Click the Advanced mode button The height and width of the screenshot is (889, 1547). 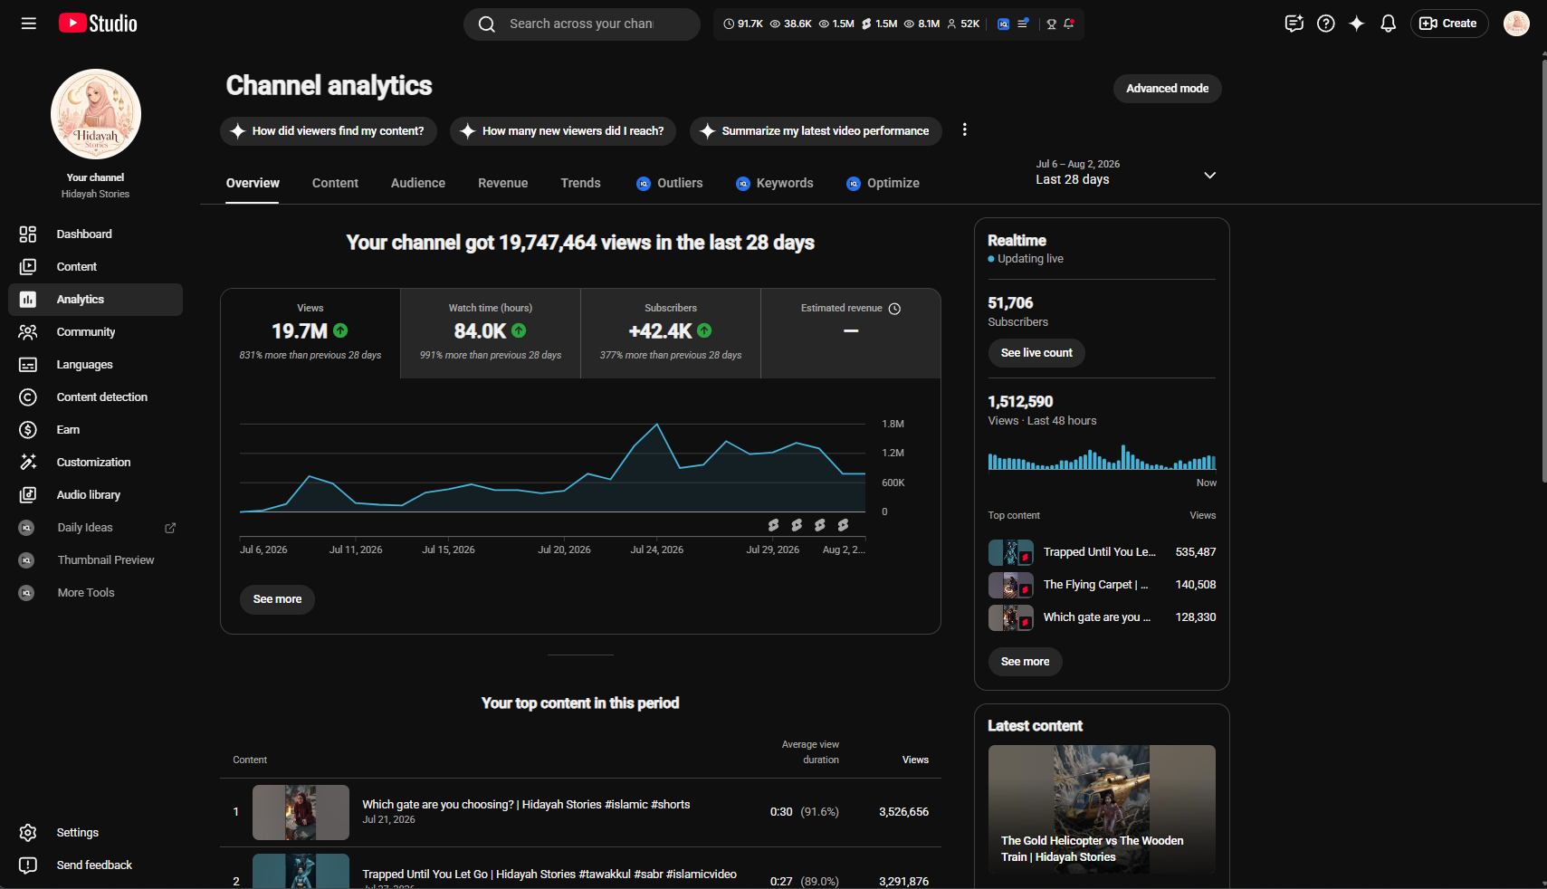point(1167,89)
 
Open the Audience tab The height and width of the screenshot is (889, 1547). point(418,183)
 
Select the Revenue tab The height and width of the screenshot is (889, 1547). point(502,183)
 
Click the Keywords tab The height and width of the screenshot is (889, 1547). point(774,183)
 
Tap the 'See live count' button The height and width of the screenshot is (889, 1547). point(1036,353)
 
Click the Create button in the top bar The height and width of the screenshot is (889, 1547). point(1448,24)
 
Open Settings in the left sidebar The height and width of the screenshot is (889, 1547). point(77,832)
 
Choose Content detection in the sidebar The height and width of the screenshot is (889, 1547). point(101,397)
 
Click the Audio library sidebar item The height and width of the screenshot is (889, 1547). point(89,494)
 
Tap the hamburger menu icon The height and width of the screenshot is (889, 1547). point(28,24)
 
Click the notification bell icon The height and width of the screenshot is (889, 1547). point(1388,24)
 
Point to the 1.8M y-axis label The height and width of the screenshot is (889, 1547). point(893,424)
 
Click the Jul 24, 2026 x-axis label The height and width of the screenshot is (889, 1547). point(656,550)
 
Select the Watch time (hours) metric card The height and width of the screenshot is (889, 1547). point(491,333)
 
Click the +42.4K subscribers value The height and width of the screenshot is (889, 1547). point(660,330)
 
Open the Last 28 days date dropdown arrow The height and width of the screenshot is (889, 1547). point(1209,176)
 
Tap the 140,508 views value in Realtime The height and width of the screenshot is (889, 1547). point(1196,585)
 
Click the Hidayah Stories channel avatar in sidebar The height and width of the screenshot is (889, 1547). point(96,114)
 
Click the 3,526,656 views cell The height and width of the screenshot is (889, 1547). point(903,812)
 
